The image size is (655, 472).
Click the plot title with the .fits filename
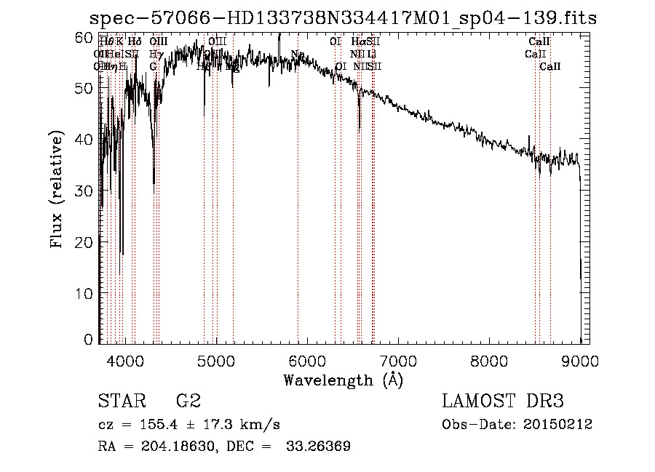(x=343, y=18)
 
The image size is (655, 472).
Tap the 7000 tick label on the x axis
(x=398, y=360)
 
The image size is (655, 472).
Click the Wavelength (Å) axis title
(x=343, y=380)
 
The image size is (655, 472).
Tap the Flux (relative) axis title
(x=57, y=190)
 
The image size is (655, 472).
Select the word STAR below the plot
(x=121, y=402)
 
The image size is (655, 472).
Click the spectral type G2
(x=188, y=402)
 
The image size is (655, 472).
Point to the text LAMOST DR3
(x=503, y=402)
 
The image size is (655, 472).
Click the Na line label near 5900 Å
(x=297, y=55)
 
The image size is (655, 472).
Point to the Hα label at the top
(x=359, y=42)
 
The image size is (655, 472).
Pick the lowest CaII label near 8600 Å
(x=550, y=67)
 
